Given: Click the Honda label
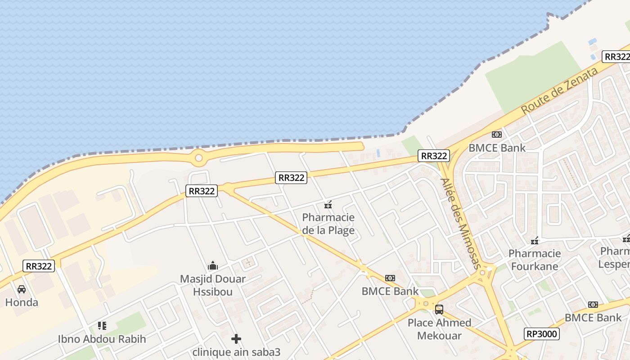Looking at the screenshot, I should (x=22, y=302).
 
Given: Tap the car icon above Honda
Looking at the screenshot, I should (x=22, y=289).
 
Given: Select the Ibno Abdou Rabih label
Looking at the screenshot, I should (x=102, y=339).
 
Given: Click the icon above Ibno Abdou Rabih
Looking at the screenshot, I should (x=102, y=325).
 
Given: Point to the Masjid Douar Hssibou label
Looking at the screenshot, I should (x=213, y=285).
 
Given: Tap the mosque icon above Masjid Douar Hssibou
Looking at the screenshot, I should (x=213, y=265).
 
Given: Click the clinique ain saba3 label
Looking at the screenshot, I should (x=236, y=352).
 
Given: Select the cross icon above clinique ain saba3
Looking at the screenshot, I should (x=236, y=339).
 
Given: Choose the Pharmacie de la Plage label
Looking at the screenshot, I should (x=328, y=224).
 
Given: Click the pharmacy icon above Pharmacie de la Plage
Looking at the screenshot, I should (x=328, y=205).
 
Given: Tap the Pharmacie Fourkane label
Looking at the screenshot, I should (x=535, y=260).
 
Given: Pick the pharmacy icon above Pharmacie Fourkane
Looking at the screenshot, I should (x=535, y=241).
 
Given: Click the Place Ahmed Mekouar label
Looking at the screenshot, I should (x=439, y=329).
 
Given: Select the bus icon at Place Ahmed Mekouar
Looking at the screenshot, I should (x=439, y=310).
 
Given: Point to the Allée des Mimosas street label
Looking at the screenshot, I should (x=461, y=224).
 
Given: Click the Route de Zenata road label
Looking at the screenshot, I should (x=560, y=90).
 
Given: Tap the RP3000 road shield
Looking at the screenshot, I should (x=542, y=334).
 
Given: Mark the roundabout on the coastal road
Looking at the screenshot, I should (x=198, y=158).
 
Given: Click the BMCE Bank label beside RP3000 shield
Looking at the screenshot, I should (x=593, y=318).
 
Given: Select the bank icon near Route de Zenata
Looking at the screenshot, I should (x=497, y=135).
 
